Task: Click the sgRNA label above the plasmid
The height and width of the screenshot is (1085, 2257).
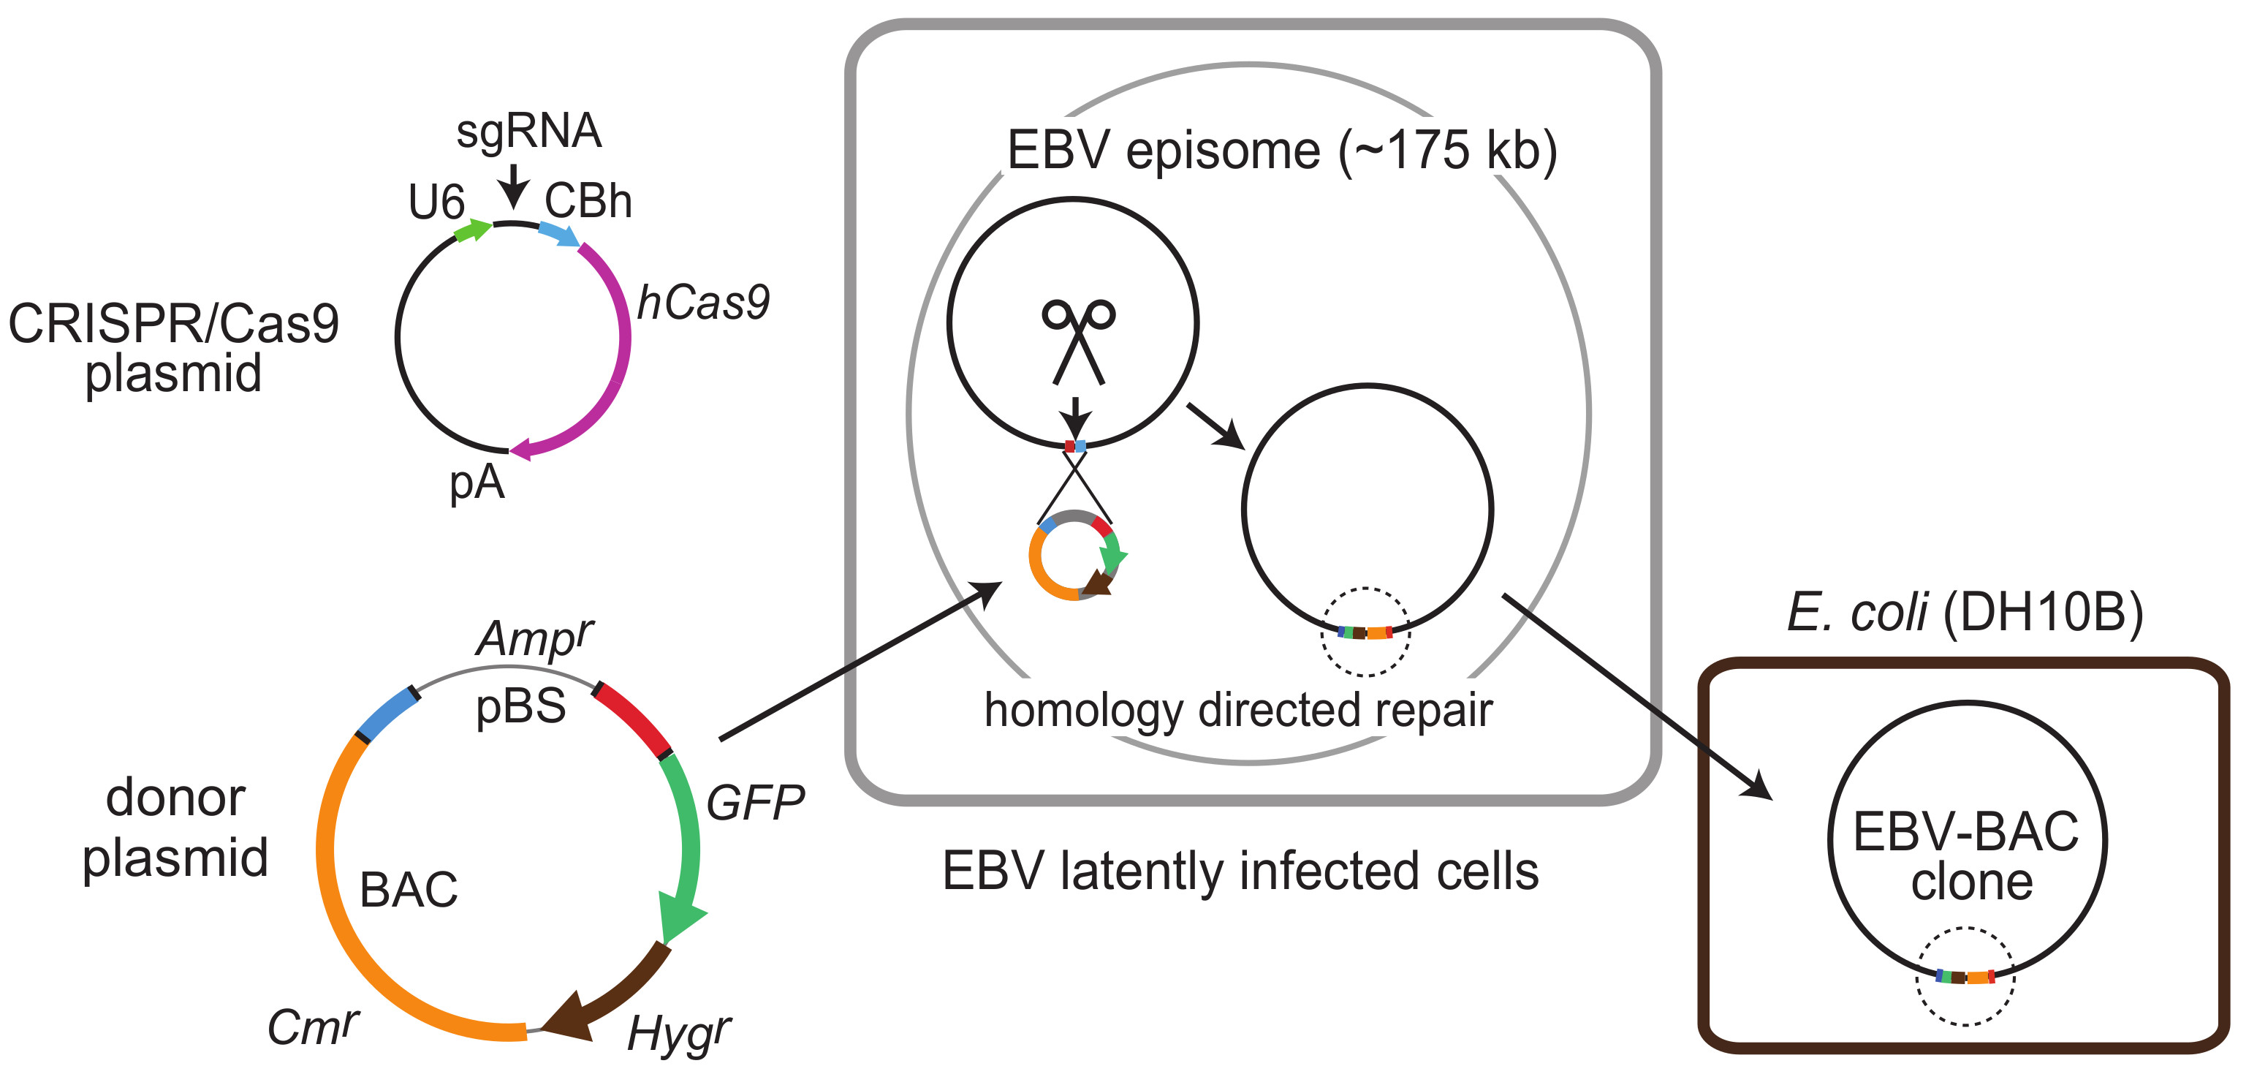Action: pyautogui.click(x=528, y=132)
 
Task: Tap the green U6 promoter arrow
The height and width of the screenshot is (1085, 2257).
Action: pyautogui.click(x=473, y=230)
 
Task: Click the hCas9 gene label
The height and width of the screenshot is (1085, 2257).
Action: pyautogui.click(x=702, y=303)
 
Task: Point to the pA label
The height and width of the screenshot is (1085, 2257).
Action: pyautogui.click(x=477, y=481)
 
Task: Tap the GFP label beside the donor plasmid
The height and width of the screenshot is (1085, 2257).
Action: pyautogui.click(x=754, y=803)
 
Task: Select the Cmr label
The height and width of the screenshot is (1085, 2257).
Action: pyautogui.click(x=312, y=1027)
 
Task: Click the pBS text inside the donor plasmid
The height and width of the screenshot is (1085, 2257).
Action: pyautogui.click(x=520, y=706)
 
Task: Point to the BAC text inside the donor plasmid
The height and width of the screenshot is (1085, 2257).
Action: pyautogui.click(x=409, y=890)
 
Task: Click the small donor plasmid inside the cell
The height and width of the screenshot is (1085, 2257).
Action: pyautogui.click(x=1076, y=555)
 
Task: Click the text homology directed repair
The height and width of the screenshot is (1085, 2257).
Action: pyautogui.click(x=1238, y=710)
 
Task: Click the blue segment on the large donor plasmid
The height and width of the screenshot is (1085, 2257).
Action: pyautogui.click(x=385, y=714)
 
